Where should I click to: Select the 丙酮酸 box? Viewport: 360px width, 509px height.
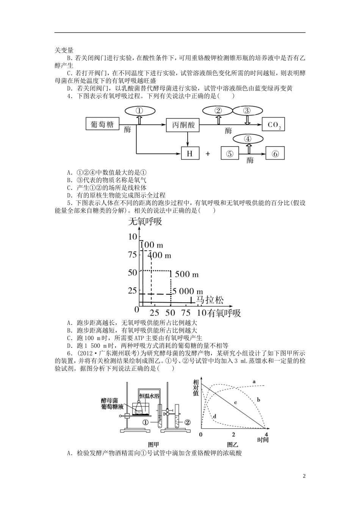(183, 125)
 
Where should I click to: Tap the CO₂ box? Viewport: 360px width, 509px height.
(274, 125)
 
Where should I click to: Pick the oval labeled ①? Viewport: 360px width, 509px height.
(139, 111)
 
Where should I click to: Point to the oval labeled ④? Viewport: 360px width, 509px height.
(248, 139)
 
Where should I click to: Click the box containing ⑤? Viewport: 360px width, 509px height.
(230, 153)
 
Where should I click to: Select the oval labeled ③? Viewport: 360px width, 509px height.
(247, 111)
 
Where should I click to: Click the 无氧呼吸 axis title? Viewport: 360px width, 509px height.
(145, 222)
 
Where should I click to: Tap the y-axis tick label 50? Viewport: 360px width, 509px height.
(132, 272)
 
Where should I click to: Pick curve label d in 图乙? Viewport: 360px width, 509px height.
(214, 417)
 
